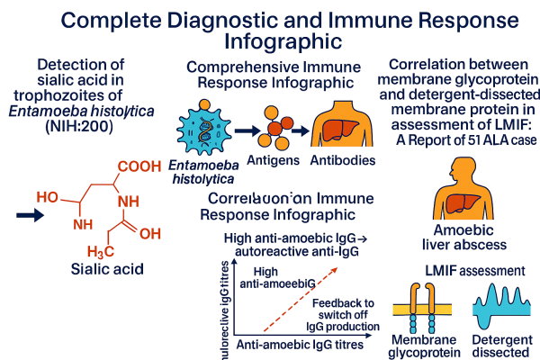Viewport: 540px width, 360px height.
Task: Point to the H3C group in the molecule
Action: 101,249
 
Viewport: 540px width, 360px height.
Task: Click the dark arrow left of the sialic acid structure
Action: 31,215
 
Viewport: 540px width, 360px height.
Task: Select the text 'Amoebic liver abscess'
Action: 465,238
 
